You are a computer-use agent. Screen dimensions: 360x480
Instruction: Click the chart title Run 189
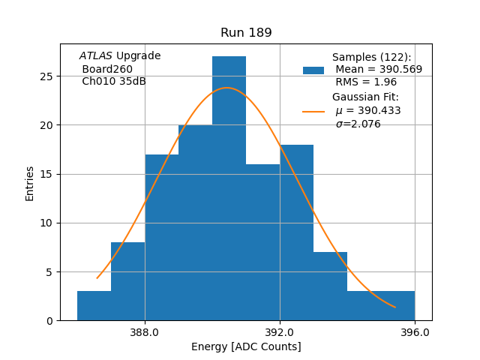(246, 33)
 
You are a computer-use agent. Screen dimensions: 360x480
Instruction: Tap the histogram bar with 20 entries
(195, 225)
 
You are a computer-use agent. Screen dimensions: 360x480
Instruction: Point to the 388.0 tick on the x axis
(145, 331)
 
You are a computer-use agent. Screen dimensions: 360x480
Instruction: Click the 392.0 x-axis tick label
(280, 331)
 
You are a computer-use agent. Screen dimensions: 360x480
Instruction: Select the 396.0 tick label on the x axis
(415, 331)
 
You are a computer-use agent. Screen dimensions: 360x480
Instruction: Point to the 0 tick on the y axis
(49, 321)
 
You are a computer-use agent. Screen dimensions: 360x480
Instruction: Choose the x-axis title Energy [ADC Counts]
(246, 346)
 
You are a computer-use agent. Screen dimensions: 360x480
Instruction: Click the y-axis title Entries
(30, 183)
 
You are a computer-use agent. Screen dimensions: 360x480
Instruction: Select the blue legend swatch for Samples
(313, 70)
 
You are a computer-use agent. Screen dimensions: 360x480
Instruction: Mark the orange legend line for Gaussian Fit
(313, 111)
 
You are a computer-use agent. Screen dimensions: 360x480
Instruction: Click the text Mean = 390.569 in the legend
(379, 69)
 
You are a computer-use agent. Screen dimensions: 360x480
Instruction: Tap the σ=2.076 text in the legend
(358, 124)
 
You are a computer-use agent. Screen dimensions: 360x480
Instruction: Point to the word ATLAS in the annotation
(96, 56)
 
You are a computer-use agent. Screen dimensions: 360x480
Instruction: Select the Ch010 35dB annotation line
(113, 81)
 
